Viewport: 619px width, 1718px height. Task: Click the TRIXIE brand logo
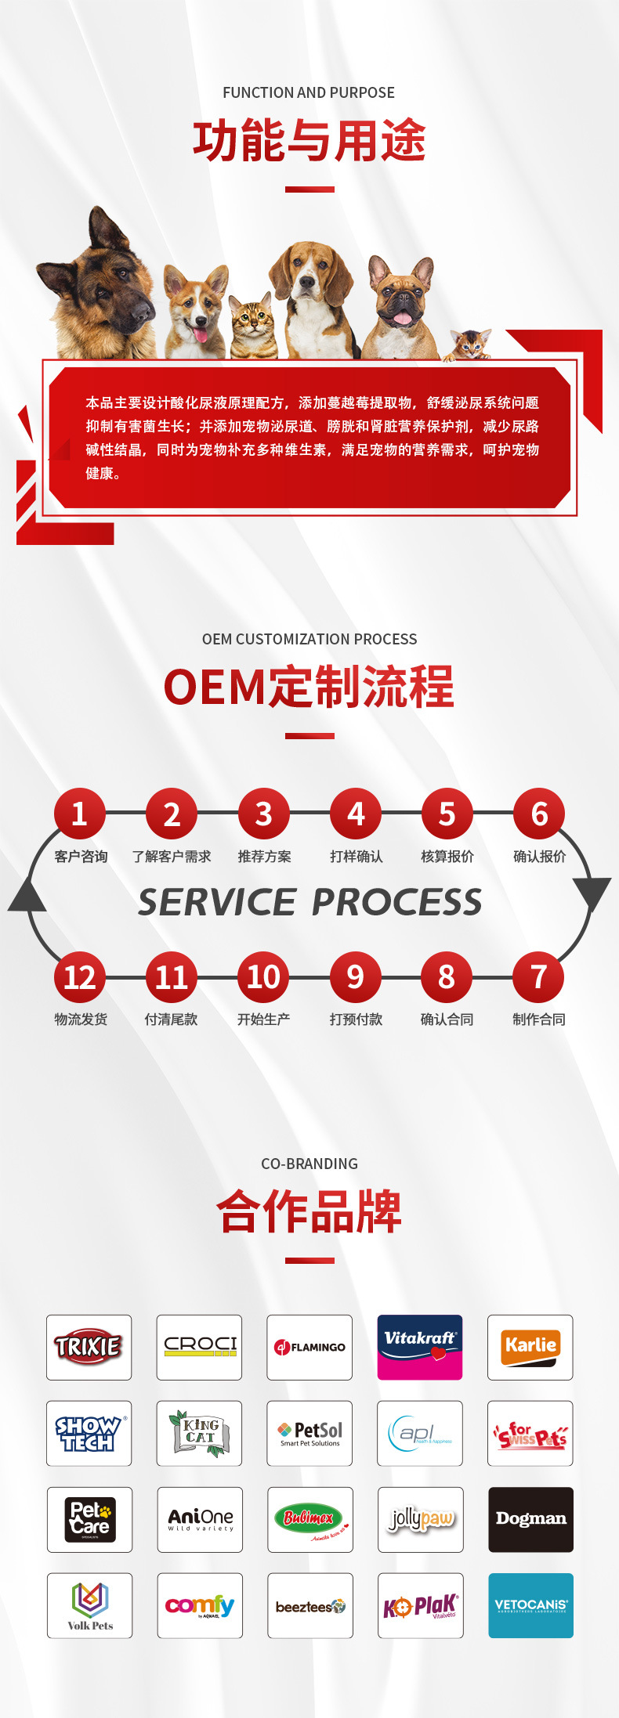(x=89, y=1347)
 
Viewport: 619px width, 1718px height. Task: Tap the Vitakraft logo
(x=420, y=1347)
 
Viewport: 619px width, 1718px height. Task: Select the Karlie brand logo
(x=530, y=1347)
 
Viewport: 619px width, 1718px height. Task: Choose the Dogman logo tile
(x=530, y=1519)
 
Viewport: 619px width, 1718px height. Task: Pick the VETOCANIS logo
(x=530, y=1605)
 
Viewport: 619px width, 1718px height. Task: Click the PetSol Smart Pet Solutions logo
(x=309, y=1433)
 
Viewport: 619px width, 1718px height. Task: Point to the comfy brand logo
(x=199, y=1605)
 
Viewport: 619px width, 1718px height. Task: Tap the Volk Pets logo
(x=89, y=1605)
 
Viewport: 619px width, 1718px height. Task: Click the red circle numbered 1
(x=79, y=814)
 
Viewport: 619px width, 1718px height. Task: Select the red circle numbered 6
(x=539, y=814)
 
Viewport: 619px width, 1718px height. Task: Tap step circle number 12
(x=79, y=977)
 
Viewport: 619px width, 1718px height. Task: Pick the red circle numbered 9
(x=355, y=977)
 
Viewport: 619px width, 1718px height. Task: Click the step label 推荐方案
(x=264, y=857)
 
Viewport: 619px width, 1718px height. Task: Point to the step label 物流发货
(x=81, y=1020)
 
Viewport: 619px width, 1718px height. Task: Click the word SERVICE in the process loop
(x=217, y=902)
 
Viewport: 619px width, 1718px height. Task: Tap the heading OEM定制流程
(x=309, y=687)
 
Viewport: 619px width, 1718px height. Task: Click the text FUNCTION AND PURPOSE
(x=309, y=92)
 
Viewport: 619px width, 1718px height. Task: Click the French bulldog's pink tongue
(x=402, y=318)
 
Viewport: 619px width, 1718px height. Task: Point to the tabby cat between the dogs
(x=252, y=325)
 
